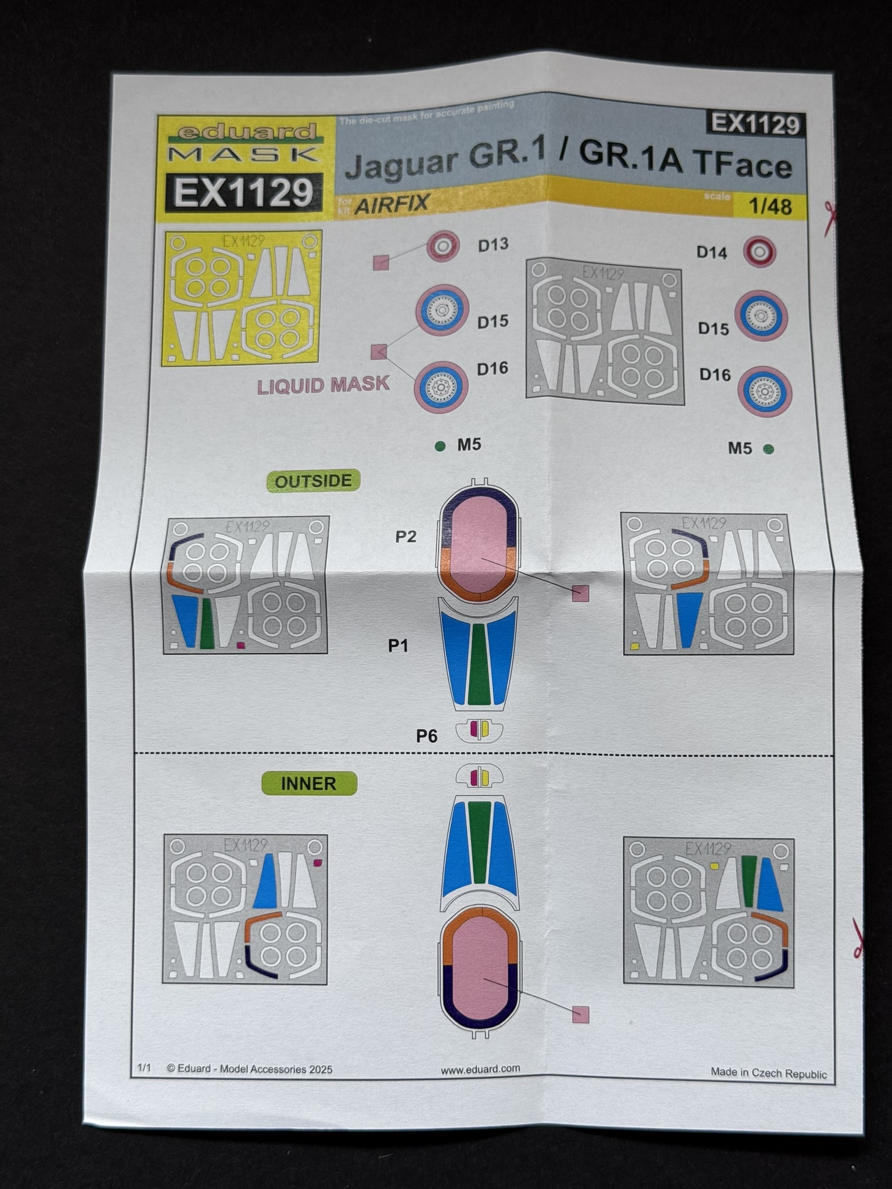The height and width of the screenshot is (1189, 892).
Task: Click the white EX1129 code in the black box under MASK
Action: pos(244,192)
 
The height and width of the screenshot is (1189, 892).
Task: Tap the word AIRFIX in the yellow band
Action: pos(392,203)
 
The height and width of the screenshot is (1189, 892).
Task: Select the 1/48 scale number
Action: pos(770,207)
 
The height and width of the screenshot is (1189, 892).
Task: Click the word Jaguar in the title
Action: pos(401,163)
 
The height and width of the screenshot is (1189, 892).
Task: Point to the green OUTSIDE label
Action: pos(313,481)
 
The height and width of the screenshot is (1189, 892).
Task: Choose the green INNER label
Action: pos(308,783)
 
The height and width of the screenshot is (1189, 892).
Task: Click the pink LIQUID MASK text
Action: pos(323,385)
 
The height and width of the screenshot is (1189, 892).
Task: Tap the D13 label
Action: pos(493,245)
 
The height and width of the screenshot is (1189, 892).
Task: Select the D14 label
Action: pos(712,253)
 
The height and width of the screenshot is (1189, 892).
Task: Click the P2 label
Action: pos(406,536)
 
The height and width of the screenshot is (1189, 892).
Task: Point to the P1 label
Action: pos(398,646)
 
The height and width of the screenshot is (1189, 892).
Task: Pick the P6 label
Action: pos(427,736)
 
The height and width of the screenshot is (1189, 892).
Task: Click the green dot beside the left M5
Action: pos(440,446)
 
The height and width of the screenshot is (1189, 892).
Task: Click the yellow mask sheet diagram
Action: pos(243,297)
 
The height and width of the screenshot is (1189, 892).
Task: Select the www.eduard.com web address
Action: pos(480,1068)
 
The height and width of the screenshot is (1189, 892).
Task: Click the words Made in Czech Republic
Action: pos(768,1073)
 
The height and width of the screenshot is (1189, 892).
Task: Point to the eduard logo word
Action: pos(247,133)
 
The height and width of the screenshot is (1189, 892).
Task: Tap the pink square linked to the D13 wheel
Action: pos(381,262)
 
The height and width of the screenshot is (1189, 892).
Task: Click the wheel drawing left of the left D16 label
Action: pos(441,387)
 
